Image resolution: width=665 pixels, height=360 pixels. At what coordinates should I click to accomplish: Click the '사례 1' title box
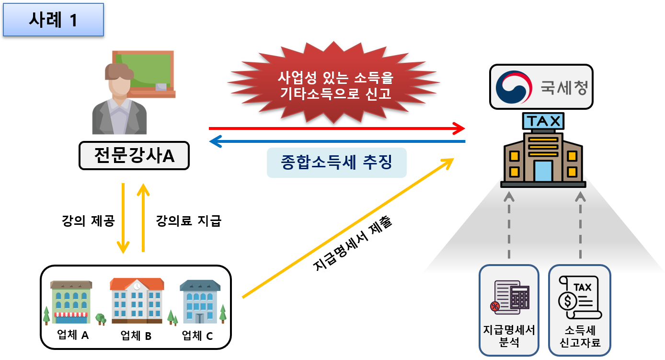[53, 20]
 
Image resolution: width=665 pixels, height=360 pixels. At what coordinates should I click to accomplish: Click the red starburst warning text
[335, 85]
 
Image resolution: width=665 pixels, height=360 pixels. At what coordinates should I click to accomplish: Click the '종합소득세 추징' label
[336, 163]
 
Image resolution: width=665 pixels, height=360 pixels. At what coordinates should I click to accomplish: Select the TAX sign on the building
[543, 121]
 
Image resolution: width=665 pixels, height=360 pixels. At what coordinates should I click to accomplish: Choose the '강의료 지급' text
[188, 221]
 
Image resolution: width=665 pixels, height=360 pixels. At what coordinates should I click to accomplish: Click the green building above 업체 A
[71, 302]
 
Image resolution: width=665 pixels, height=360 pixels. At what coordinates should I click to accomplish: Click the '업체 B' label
[136, 336]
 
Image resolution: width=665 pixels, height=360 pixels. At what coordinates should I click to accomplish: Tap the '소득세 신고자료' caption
[580, 337]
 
